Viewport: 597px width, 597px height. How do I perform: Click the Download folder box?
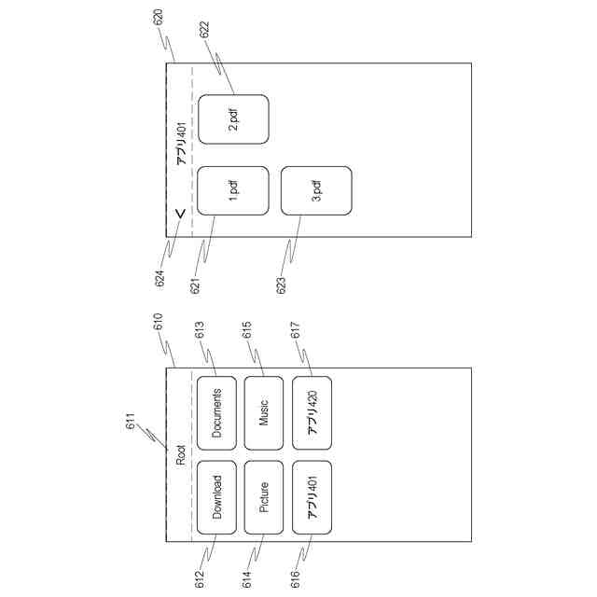(217, 497)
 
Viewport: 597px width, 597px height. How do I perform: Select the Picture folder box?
(264, 497)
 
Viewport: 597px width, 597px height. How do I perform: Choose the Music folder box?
(264, 410)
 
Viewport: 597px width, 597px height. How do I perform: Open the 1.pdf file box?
(233, 192)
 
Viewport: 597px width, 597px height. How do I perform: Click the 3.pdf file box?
(316, 192)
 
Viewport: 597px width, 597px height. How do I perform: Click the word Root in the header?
(181, 456)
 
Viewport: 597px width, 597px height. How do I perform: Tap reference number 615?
(248, 330)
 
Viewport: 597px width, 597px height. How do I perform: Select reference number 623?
(282, 284)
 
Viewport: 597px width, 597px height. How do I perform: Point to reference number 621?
(196, 284)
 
